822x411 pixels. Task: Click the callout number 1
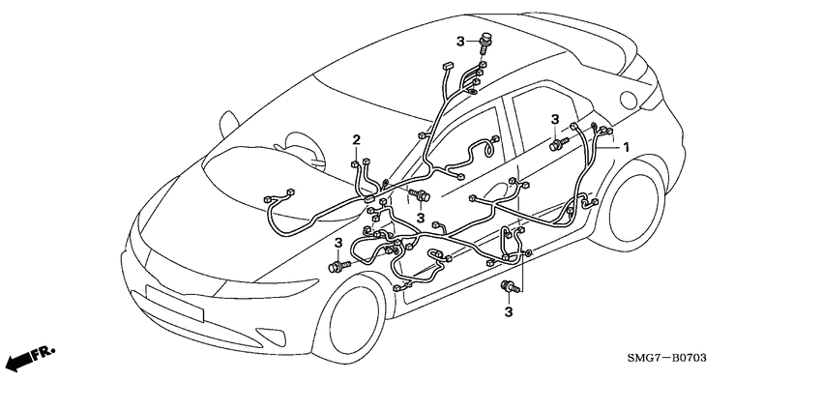626,147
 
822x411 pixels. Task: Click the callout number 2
356,140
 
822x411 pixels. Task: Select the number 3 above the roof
461,40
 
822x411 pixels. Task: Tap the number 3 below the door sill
508,311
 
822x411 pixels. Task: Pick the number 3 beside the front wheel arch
338,242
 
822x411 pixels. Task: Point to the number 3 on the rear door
555,119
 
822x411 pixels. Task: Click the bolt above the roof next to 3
485,41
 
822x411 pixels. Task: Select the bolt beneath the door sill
507,286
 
